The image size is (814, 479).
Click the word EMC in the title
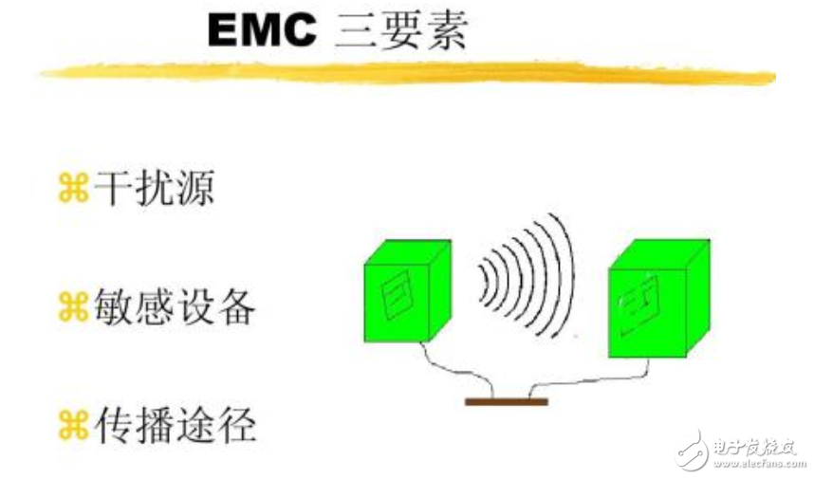tap(262, 30)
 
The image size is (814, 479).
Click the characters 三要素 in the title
tap(401, 30)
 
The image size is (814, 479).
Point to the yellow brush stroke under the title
tap(408, 73)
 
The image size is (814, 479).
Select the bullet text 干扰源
tap(155, 188)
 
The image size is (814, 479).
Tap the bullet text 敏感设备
tap(175, 307)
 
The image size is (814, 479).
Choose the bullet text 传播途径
tap(176, 426)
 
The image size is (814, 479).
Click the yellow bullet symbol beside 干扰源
tap(73, 188)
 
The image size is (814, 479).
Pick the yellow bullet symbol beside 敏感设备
tap(73, 307)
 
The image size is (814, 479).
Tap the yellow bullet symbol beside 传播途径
tap(73, 426)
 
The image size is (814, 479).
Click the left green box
tap(408, 291)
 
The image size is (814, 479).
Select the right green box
tap(658, 299)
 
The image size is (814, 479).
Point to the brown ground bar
tap(507, 402)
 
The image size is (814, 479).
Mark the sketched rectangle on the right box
tap(639, 305)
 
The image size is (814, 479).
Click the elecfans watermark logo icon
tap(692, 450)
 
